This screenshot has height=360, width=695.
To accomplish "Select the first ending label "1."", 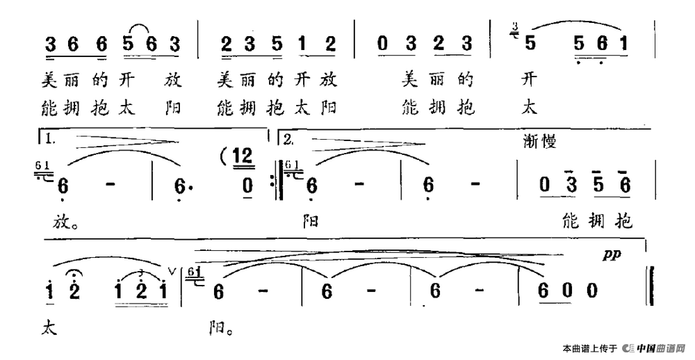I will click(49, 139).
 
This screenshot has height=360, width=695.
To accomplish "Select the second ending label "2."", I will click(288, 139).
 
